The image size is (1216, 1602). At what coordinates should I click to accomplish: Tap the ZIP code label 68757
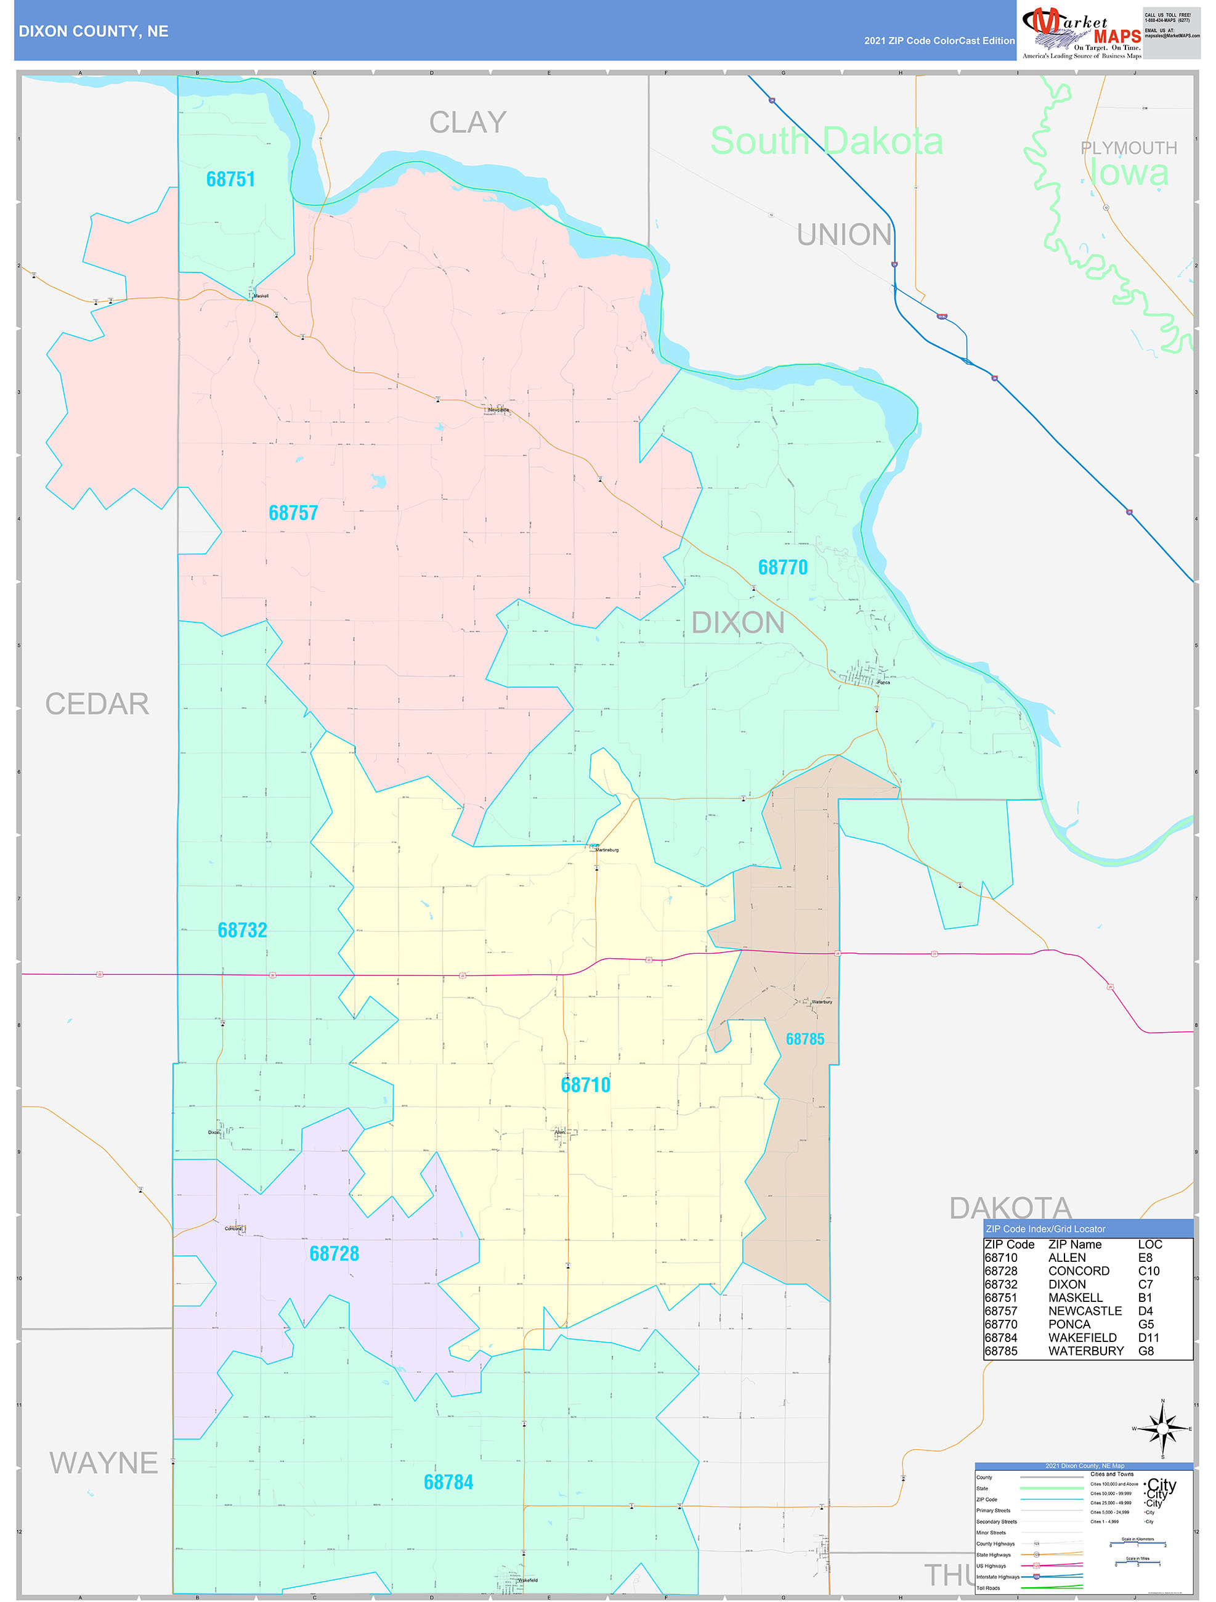point(293,513)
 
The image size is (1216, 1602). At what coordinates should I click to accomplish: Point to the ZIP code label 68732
point(242,930)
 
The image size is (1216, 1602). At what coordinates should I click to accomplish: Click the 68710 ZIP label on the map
point(585,1085)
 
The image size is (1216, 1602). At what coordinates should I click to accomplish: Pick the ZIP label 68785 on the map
point(805,1039)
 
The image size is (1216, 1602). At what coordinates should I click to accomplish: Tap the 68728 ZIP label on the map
point(334,1254)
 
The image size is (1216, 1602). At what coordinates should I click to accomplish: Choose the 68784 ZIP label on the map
point(448,1482)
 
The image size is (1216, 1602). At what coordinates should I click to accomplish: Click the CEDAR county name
point(97,704)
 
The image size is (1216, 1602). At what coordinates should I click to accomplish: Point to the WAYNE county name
point(103,1463)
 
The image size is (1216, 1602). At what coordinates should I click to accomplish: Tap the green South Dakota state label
point(826,141)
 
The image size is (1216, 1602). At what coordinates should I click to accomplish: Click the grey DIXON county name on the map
point(738,623)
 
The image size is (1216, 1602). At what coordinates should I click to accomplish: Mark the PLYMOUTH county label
point(1129,148)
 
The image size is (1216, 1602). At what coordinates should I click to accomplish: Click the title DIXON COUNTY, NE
point(94,31)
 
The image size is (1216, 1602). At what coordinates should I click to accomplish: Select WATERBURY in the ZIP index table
point(1085,1351)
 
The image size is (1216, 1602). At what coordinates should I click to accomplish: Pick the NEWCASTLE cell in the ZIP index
point(1085,1311)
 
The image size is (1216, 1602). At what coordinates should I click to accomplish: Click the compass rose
point(1163,1428)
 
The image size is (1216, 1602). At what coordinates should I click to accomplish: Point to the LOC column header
point(1149,1244)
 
